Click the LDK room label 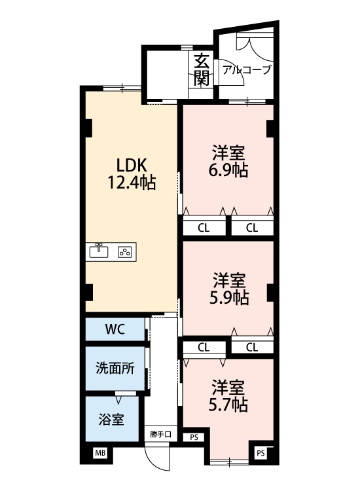tap(131, 164)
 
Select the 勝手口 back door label tap(160, 434)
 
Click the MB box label tap(100, 452)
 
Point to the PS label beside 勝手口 tap(194, 437)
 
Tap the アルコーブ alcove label tap(246, 69)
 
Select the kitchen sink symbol tap(99, 251)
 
